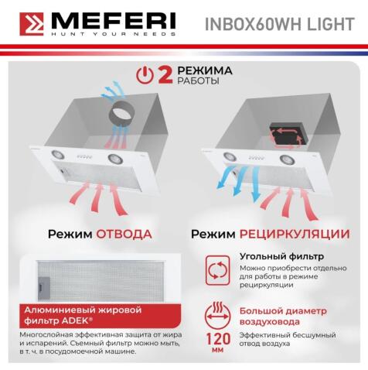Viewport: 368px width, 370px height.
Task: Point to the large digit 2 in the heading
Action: pos(164,74)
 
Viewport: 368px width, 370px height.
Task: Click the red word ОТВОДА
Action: pos(124,233)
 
